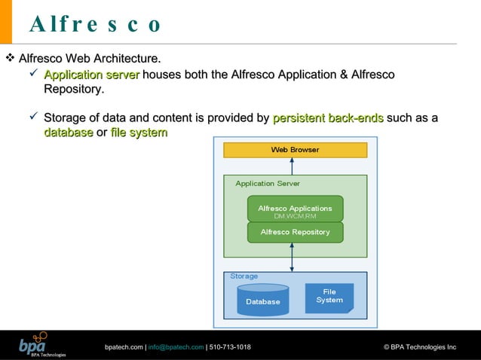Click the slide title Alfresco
coord(95,24)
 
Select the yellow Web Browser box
coord(295,150)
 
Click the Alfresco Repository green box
coord(295,232)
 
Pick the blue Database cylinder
coord(262,300)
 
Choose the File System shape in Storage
coord(329,297)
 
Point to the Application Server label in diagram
coord(267,183)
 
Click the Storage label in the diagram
coord(244,276)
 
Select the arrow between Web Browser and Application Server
coord(293,166)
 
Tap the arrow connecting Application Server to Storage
coord(293,257)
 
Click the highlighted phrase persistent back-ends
coord(328,118)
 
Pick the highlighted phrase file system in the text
coord(139,133)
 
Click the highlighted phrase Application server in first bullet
coord(91,75)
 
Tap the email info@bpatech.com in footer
coord(176,347)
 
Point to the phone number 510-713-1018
coord(230,347)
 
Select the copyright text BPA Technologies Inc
coord(420,347)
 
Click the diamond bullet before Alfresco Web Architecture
coord(10,58)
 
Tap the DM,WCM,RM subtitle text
coord(295,216)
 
